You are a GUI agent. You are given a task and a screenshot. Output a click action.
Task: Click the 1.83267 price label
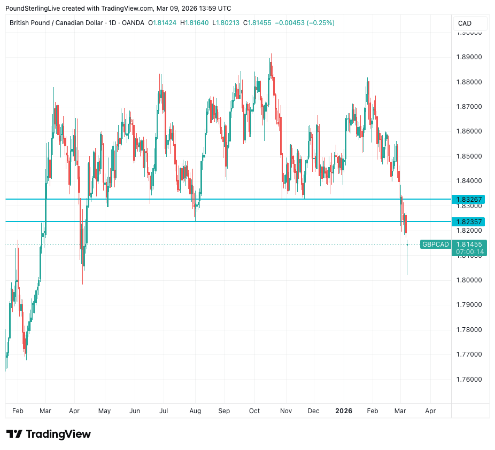point(469,200)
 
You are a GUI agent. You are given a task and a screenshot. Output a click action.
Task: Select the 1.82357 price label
point(469,222)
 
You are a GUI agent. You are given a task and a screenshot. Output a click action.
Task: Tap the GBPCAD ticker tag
point(435,244)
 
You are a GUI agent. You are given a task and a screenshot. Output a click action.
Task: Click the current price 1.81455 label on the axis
point(469,244)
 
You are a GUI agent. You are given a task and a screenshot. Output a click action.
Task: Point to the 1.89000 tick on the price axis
point(469,57)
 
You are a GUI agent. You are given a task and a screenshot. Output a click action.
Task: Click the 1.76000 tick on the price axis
point(469,379)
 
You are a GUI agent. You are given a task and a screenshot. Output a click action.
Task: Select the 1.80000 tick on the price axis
point(469,280)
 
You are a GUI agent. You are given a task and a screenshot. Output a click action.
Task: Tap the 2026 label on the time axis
point(344,411)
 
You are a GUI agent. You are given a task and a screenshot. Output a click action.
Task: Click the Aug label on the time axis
point(195,411)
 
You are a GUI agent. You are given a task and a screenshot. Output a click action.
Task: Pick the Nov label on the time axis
point(285,411)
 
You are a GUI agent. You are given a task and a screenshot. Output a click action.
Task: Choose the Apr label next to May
point(74,411)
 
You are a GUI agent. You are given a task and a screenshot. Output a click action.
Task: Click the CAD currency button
point(465,23)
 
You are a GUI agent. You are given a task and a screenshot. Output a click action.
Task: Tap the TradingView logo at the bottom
point(49,434)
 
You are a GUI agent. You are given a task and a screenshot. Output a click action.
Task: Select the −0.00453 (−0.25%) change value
point(305,23)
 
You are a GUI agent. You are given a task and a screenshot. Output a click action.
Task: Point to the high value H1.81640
point(195,23)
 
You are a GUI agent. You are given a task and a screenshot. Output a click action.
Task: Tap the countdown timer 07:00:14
point(469,252)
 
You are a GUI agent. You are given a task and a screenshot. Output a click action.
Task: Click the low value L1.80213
point(227,23)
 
